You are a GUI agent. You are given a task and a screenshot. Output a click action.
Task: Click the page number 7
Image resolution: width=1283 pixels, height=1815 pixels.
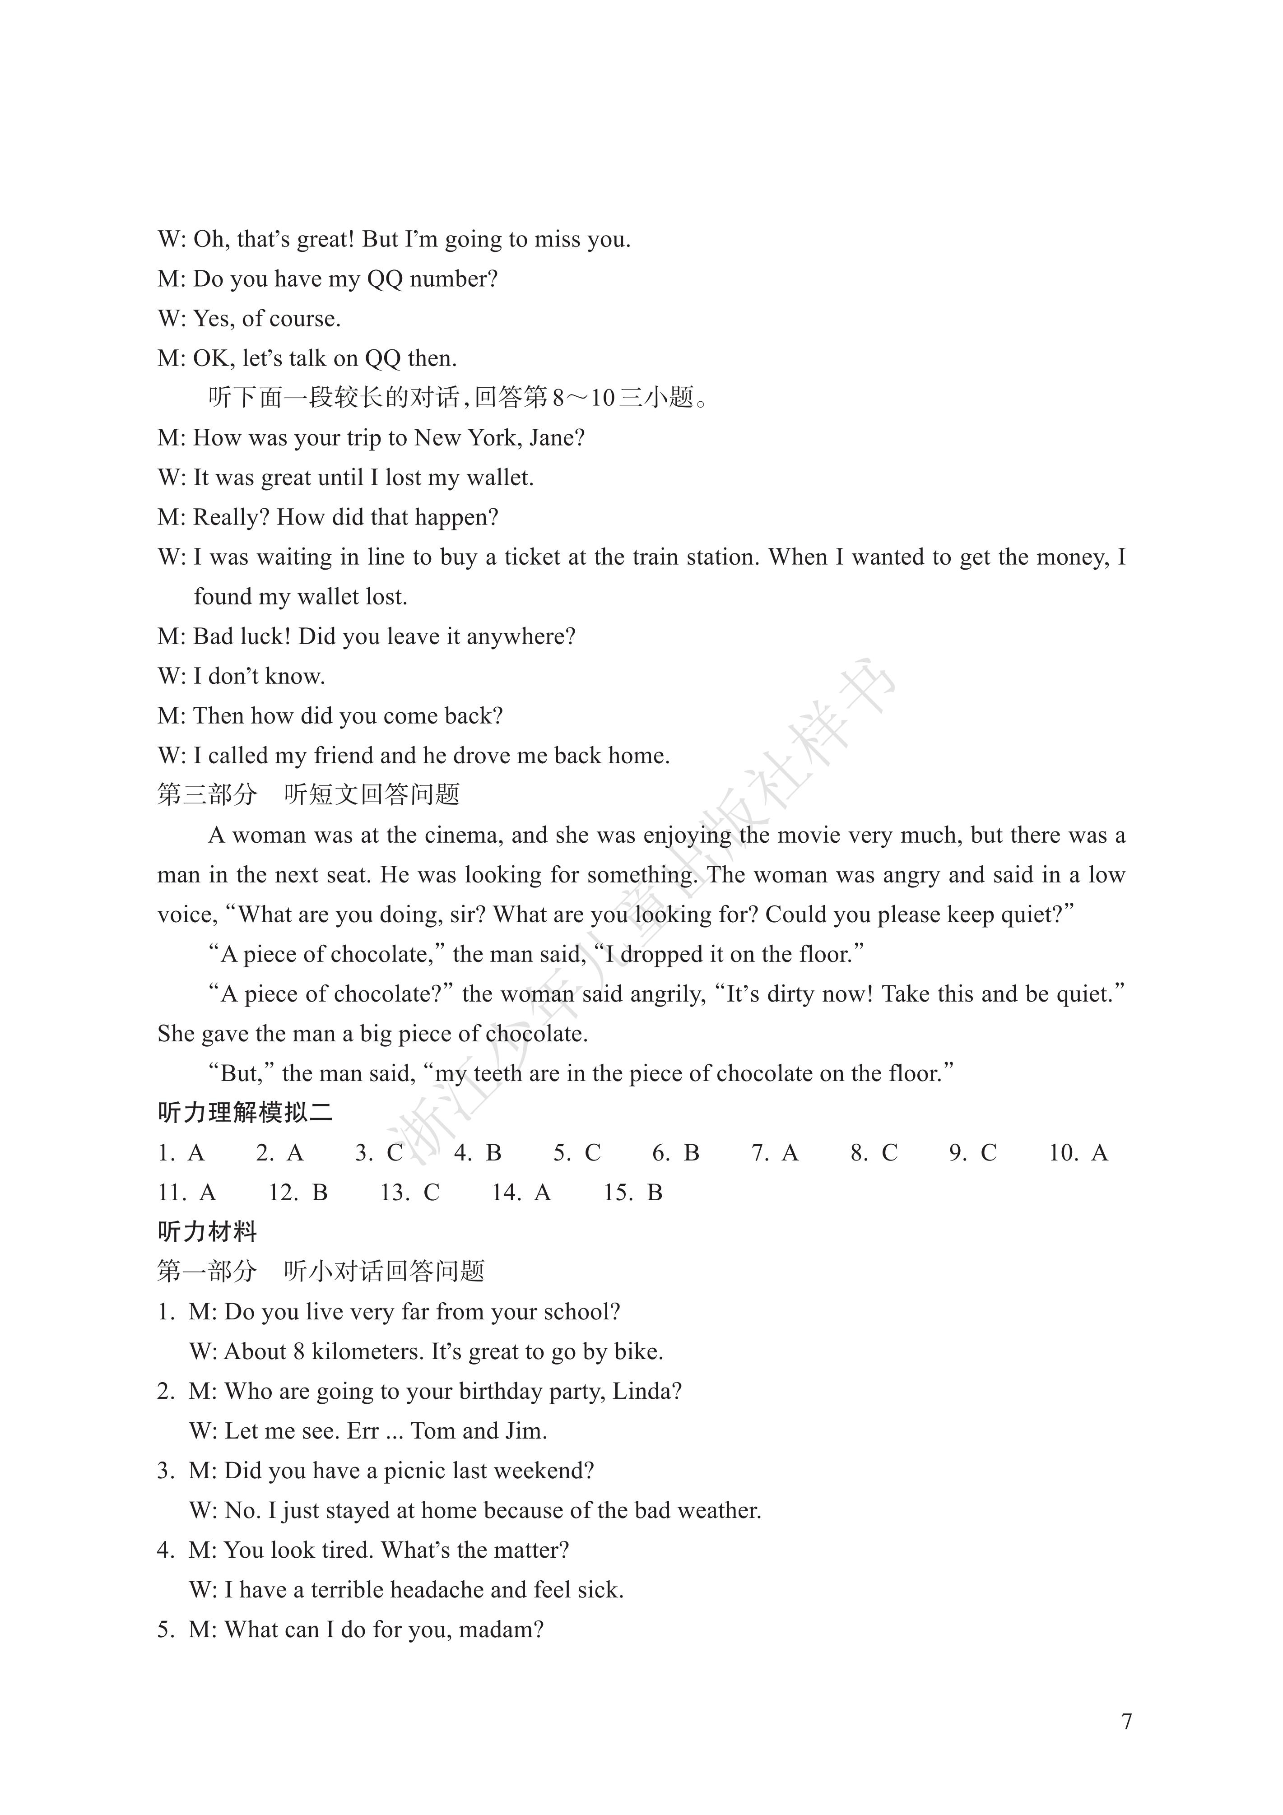coord(1126,1721)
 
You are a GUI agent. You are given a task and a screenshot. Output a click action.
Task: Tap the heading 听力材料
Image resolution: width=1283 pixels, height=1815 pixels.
coord(207,1232)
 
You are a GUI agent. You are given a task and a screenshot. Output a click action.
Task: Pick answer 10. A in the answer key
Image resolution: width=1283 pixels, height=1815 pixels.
coord(1078,1152)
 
